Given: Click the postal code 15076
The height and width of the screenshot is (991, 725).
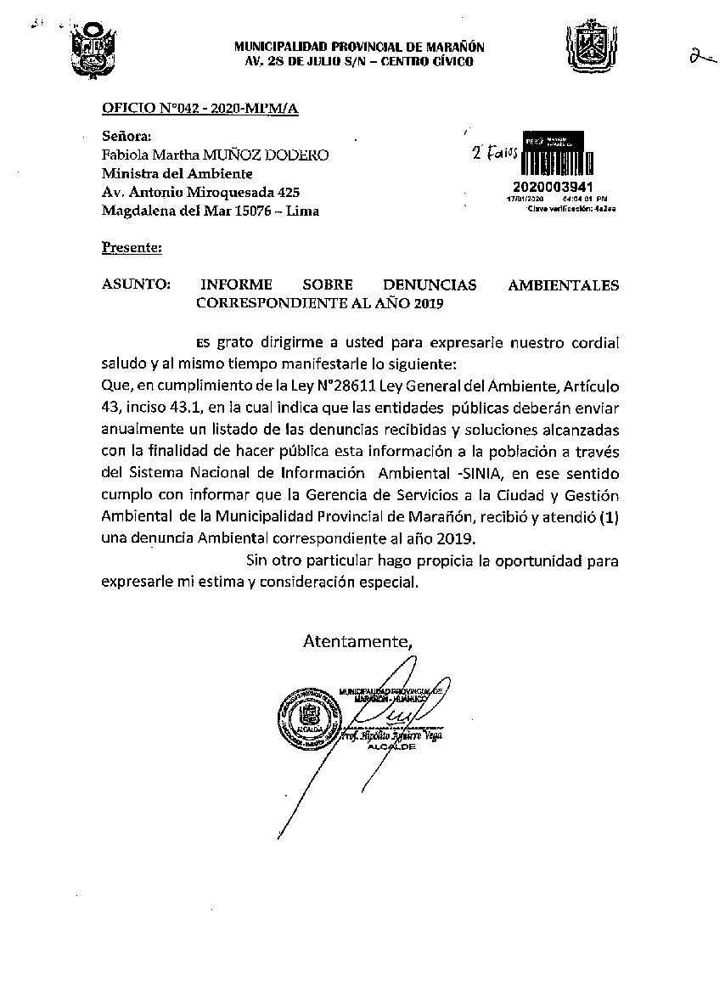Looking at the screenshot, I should pos(242,211).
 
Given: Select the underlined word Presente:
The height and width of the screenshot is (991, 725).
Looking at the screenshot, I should pos(131,248).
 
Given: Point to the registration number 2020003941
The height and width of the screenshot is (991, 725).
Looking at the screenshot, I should pos(553,187).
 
